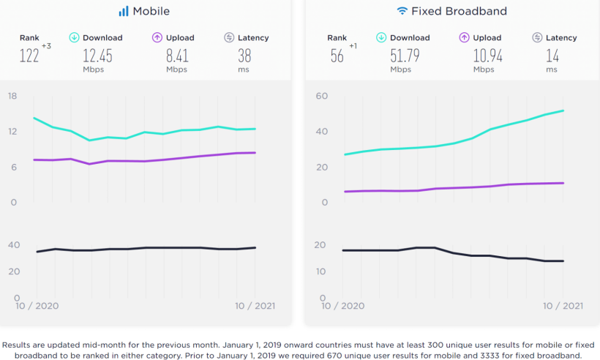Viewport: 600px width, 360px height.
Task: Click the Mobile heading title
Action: click(151, 11)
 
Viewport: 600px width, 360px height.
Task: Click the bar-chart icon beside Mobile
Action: click(124, 11)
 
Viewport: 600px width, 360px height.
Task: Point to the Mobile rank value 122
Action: click(29, 56)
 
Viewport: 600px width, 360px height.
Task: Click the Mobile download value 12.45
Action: click(97, 56)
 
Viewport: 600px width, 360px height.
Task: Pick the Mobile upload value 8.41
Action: click(176, 56)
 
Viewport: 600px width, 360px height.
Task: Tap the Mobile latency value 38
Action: click(245, 56)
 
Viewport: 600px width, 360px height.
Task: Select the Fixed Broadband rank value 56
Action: click(337, 56)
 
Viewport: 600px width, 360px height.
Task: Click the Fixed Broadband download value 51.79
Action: click(405, 56)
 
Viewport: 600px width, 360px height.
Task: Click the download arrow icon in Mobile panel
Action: click(74, 37)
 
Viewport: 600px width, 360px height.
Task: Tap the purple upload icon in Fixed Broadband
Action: click(464, 37)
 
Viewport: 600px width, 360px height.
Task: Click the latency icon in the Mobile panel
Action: click(229, 37)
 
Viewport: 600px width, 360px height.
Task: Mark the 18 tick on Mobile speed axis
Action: click(12, 96)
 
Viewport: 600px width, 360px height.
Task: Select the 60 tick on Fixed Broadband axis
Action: click(320, 96)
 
